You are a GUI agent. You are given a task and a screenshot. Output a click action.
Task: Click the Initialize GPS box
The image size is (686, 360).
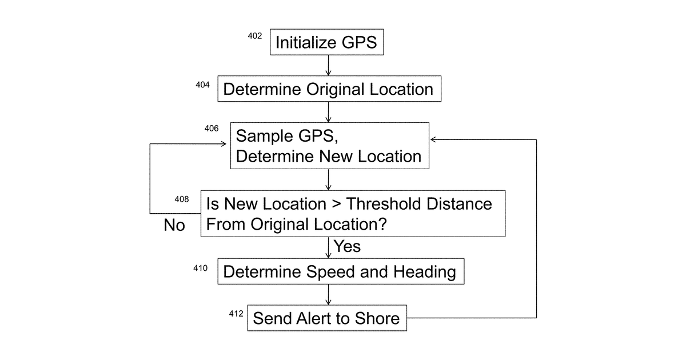pyautogui.click(x=327, y=42)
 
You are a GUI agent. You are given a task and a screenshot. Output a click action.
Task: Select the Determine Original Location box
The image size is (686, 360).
pyautogui.click(x=329, y=89)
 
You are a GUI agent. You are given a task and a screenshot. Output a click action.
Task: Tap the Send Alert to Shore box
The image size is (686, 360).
pyautogui.click(x=327, y=318)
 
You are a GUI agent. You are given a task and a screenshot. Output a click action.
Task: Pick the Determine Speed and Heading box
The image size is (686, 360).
pyautogui.click(x=341, y=271)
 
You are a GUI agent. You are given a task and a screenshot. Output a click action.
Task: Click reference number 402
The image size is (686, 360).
pyautogui.click(x=255, y=36)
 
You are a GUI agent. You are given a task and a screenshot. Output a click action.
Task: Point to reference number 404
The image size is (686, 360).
pyautogui.click(x=203, y=85)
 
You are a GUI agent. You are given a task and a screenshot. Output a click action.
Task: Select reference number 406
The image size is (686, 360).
pyautogui.click(x=212, y=128)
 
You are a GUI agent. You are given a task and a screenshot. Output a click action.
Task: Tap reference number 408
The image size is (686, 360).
pyautogui.click(x=182, y=199)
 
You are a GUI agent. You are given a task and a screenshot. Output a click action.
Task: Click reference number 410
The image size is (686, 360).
pyautogui.click(x=200, y=268)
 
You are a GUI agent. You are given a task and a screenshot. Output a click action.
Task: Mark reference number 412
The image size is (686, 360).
pyautogui.click(x=236, y=314)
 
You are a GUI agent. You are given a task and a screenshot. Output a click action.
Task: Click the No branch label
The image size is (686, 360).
pyautogui.click(x=174, y=225)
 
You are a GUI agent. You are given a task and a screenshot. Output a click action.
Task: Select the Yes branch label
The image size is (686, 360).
pyautogui.click(x=347, y=246)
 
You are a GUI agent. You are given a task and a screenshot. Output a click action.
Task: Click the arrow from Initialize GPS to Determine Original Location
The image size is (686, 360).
pyautogui.click(x=328, y=66)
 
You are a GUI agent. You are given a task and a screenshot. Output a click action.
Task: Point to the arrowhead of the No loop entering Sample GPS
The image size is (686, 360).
pyautogui.click(x=224, y=144)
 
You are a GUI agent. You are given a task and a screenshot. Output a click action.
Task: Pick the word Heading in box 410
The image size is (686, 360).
pyautogui.click(x=425, y=272)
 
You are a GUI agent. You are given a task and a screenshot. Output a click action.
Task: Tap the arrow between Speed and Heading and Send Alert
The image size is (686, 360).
pyautogui.click(x=328, y=295)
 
